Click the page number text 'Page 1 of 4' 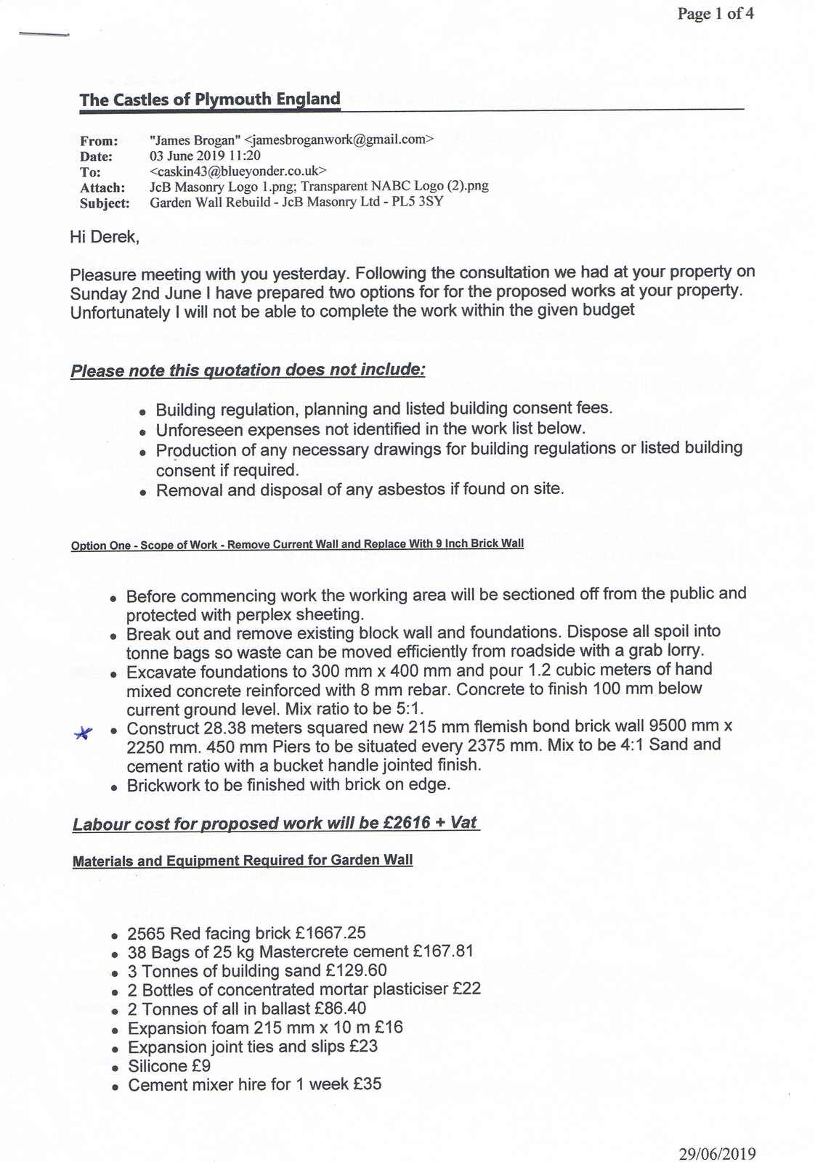[x=715, y=14]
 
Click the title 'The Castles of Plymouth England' [x=210, y=99]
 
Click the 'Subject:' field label [x=105, y=203]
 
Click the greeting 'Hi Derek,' [x=104, y=237]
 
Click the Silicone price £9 [x=204, y=1065]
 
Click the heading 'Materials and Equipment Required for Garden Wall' [x=243, y=861]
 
